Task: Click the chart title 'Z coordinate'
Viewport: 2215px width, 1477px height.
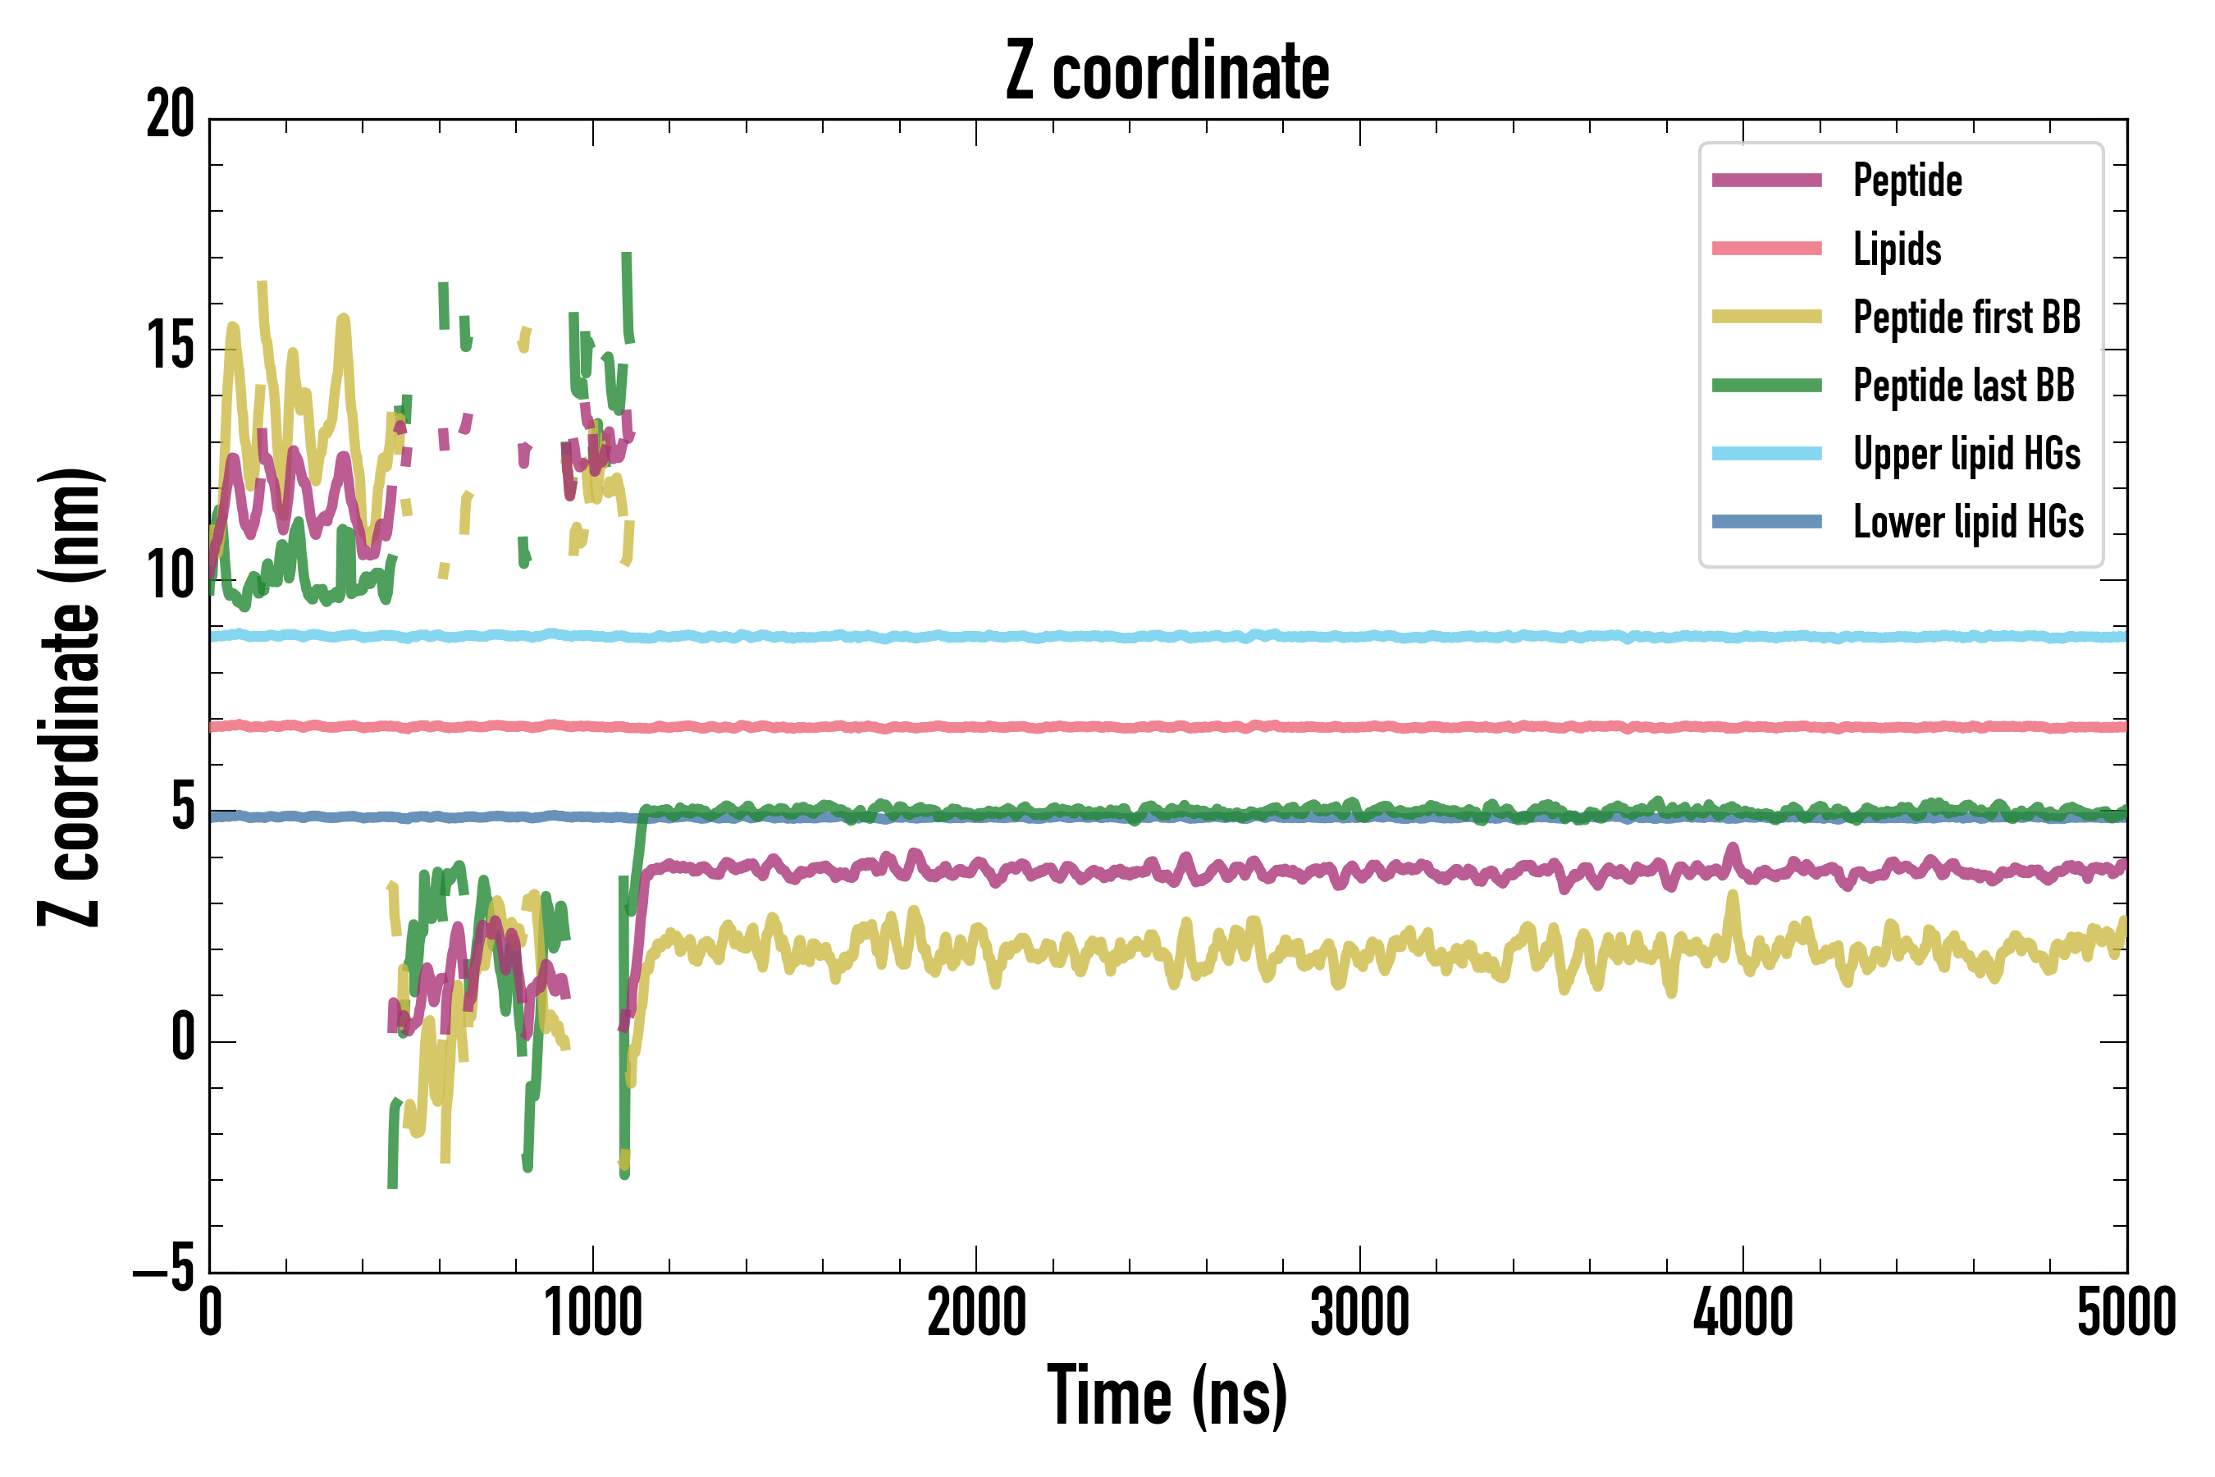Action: (1167, 71)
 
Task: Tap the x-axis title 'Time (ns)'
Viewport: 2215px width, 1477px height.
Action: (1167, 1396)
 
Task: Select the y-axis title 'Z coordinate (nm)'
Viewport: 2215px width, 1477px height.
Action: (70, 696)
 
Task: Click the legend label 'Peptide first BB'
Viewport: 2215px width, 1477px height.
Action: (1966, 318)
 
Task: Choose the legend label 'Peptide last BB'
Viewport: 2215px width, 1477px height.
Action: (1963, 386)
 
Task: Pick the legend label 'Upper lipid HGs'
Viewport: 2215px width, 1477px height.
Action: (1966, 454)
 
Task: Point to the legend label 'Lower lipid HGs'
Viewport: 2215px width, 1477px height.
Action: (1968, 522)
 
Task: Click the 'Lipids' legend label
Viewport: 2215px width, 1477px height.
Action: (1897, 249)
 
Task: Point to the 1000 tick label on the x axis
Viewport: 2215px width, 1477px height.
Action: (593, 1313)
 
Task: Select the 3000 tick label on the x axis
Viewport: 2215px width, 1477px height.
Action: (1360, 1313)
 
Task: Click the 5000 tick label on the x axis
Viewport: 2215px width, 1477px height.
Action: (2126, 1313)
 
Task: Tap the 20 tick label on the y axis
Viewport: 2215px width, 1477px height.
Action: (171, 116)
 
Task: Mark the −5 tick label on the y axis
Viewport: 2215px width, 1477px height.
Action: (164, 1268)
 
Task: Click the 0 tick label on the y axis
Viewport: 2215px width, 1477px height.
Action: (183, 1037)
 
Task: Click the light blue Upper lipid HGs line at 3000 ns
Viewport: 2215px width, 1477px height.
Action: (1360, 637)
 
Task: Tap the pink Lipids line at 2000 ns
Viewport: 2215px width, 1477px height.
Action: (976, 727)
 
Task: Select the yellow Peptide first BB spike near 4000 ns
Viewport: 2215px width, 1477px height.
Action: (1732, 904)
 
